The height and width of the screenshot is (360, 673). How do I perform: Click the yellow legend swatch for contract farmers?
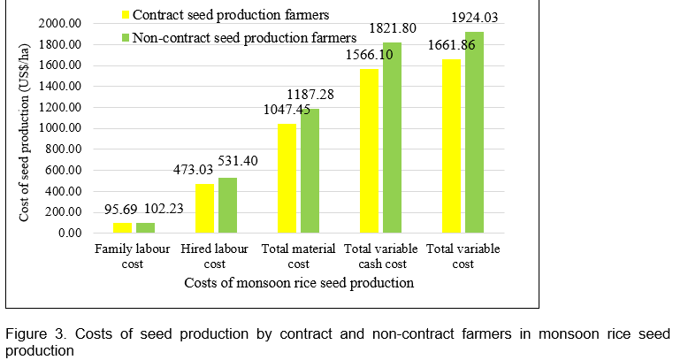coord(126,14)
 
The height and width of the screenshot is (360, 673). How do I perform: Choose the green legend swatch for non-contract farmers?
coord(126,37)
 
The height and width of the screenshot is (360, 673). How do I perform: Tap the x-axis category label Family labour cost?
coord(133,257)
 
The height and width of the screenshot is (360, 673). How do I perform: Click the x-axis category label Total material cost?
coord(299,257)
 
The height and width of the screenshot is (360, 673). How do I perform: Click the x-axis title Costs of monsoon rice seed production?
coord(299,284)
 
